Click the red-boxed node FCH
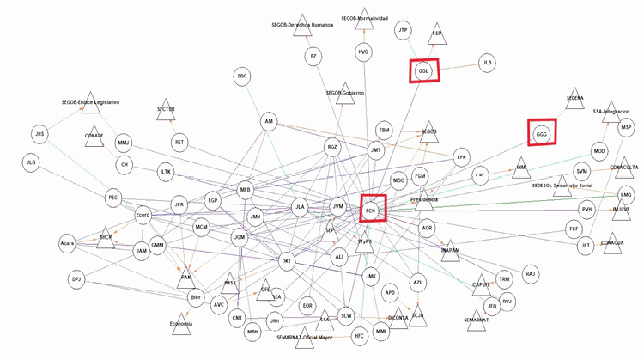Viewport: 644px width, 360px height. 373,209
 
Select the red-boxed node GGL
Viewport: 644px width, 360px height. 423,71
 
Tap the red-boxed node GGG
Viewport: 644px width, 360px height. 541,134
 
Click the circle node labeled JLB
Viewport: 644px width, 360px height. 488,63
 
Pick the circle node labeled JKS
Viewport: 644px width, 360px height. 39,134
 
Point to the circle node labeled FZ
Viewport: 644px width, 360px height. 314,56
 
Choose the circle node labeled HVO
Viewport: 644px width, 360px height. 364,52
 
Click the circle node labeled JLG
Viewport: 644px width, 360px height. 31,162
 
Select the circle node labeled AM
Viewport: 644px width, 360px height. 269,123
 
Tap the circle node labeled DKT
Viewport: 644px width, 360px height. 289,259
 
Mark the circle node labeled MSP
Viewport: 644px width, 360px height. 626,127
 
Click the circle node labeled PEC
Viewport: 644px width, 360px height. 113,198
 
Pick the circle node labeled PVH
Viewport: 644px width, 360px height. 587,209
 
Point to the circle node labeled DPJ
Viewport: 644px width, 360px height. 76,279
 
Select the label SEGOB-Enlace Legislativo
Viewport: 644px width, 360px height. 90,102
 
